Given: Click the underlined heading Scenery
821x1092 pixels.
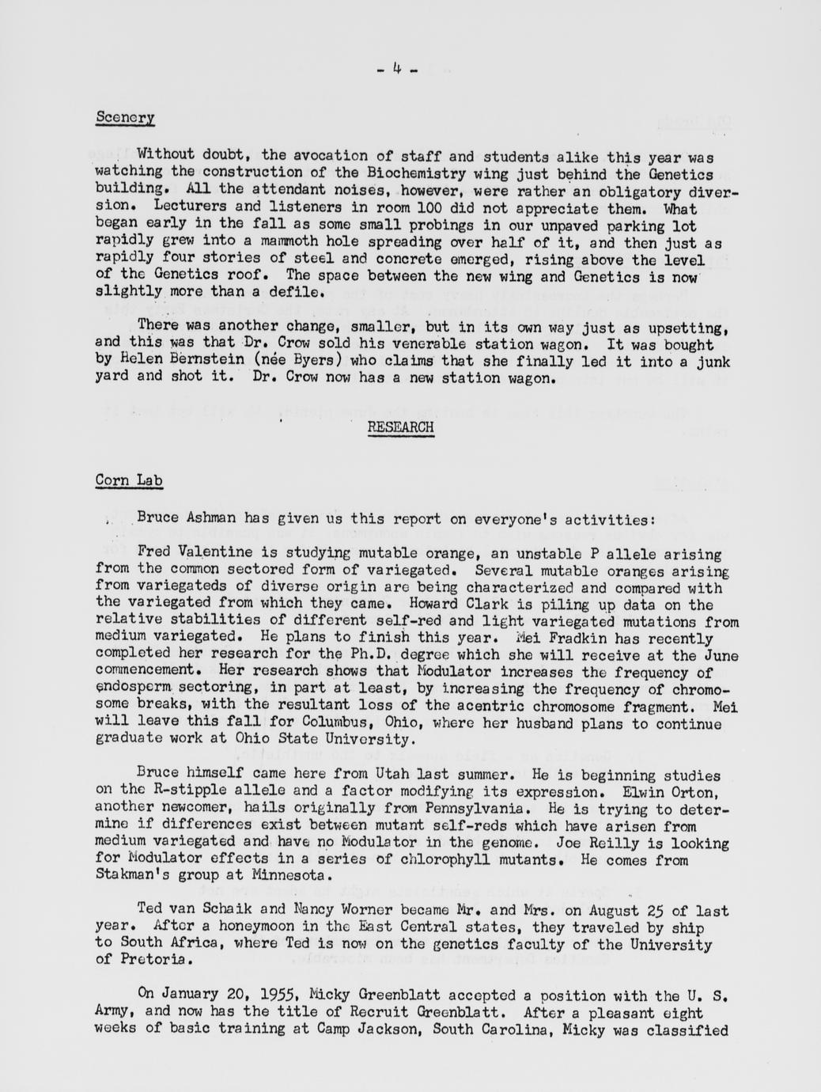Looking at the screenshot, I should click(x=124, y=117).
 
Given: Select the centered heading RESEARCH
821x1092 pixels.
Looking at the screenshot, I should click(x=400, y=427).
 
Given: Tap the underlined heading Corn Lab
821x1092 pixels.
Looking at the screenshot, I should click(x=129, y=480).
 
